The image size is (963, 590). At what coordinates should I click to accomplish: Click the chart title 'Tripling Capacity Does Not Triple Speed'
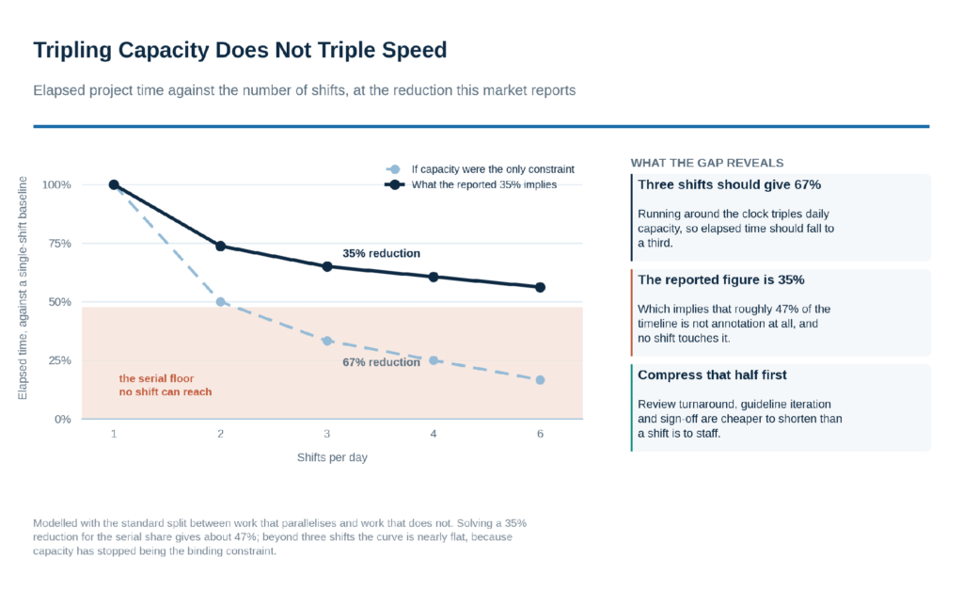240,51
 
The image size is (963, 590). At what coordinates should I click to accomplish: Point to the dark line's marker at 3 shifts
327,266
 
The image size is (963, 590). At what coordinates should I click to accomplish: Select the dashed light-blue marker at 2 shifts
220,302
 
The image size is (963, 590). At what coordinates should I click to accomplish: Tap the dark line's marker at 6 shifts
541,288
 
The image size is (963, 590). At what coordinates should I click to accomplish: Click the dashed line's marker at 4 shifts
434,360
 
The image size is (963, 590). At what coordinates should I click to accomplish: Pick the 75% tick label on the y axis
59,244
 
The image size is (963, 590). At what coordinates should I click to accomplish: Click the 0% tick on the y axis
63,419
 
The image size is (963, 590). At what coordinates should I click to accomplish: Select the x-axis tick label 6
541,434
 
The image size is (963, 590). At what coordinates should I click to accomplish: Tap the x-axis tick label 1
114,434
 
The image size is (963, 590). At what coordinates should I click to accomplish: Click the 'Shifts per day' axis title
332,457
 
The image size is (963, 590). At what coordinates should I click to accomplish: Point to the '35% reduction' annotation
382,253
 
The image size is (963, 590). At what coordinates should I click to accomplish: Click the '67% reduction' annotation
382,362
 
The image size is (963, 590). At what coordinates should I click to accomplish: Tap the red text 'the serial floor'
156,378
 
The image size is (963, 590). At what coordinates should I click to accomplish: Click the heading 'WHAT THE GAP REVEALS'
707,163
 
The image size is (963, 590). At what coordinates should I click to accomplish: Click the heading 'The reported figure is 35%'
721,280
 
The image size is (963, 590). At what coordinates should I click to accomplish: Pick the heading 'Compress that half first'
712,375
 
